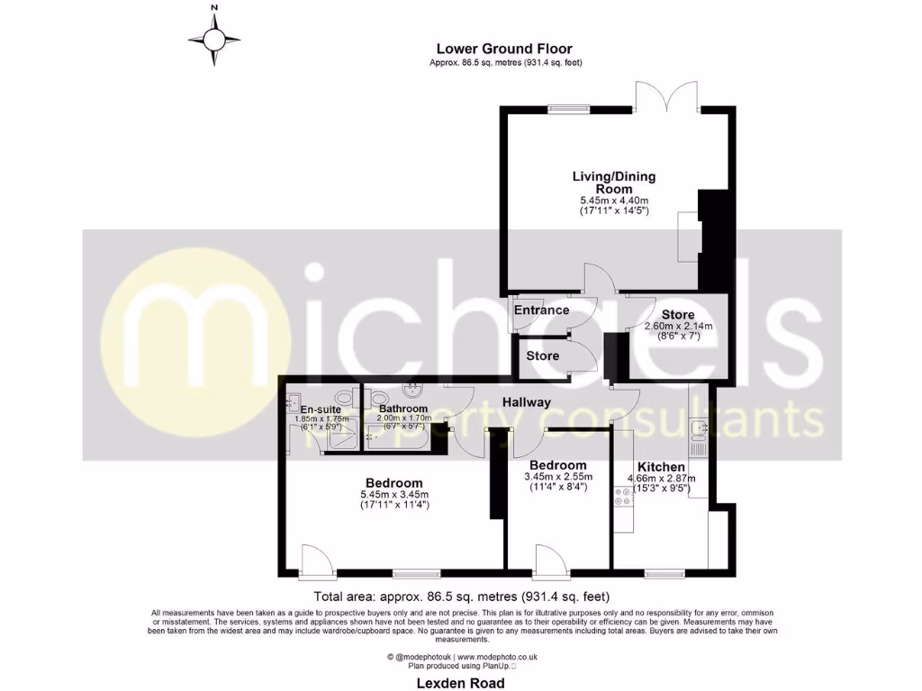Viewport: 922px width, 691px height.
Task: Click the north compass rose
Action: click(x=214, y=39)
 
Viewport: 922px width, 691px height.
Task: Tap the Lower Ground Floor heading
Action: click(x=504, y=49)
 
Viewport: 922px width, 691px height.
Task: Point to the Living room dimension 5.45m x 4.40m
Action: click(x=614, y=200)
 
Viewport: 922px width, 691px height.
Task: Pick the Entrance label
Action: click(x=541, y=310)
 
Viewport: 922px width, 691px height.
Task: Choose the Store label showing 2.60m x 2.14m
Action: click(x=677, y=314)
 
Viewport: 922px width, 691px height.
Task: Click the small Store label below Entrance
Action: click(x=542, y=355)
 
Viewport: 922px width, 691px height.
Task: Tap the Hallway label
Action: click(x=526, y=402)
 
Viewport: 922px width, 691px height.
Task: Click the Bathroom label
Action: click(x=403, y=408)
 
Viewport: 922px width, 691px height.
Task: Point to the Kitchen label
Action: click(x=662, y=467)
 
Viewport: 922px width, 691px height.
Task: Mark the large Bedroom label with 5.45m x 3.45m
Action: click(x=389, y=482)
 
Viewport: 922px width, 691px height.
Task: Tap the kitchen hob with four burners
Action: click(x=621, y=497)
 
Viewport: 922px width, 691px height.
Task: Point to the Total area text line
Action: click(x=460, y=596)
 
